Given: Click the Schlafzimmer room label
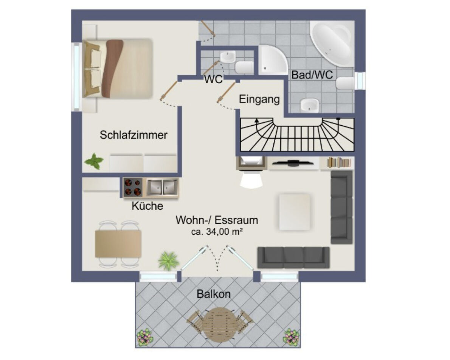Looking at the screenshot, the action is click(133, 135).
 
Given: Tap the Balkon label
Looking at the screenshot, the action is click(214, 294).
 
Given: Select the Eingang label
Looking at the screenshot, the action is click(259, 100).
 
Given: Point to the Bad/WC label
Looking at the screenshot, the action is click(312, 75).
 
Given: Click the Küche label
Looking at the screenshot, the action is click(147, 206).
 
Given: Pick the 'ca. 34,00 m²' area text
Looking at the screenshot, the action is click(217, 232).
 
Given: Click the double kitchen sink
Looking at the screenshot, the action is click(163, 187).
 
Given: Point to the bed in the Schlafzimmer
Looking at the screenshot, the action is click(117, 69).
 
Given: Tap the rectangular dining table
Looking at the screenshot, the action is click(118, 244).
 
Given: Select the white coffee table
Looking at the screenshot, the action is click(295, 212).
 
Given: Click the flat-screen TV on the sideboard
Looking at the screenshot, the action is click(293, 163).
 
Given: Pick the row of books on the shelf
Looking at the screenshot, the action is click(339, 162).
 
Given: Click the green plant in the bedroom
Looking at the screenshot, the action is click(94, 162).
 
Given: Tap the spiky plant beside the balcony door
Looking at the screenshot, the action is click(169, 260).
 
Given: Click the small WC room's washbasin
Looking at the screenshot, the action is click(228, 57).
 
